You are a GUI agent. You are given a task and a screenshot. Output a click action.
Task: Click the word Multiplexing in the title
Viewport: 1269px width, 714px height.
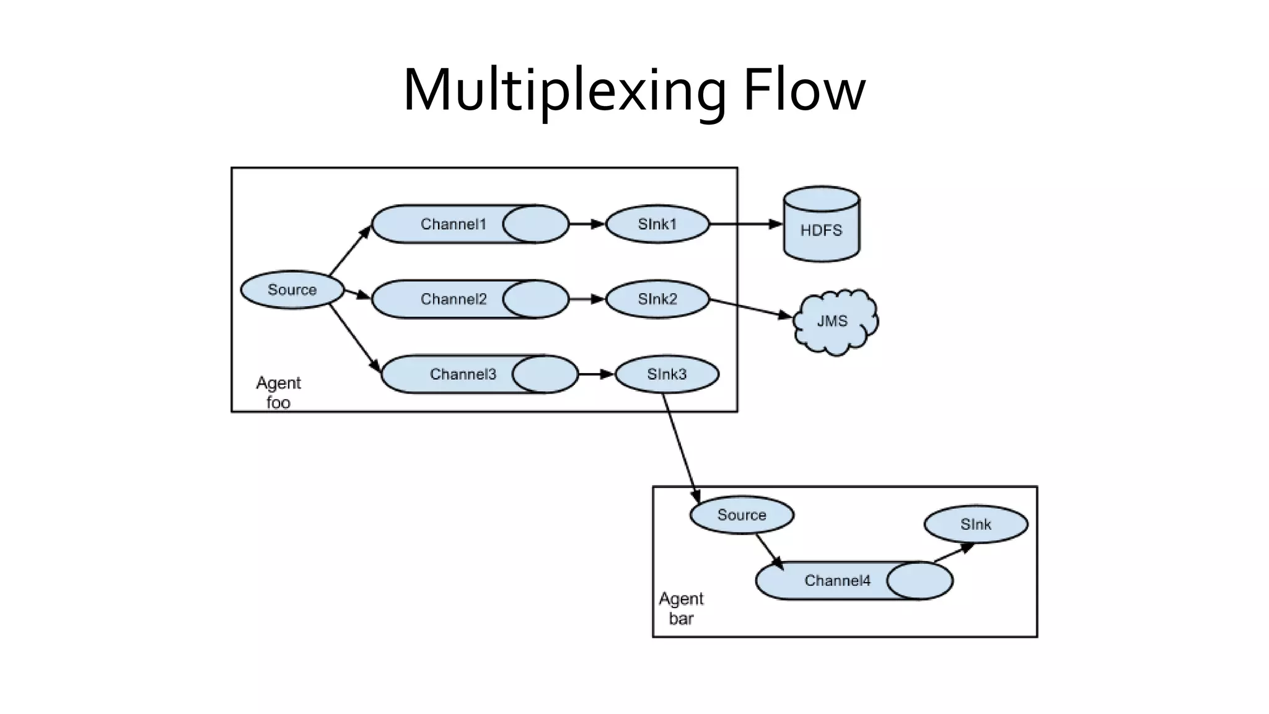564,90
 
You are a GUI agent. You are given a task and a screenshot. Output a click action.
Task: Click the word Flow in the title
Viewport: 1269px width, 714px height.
804,90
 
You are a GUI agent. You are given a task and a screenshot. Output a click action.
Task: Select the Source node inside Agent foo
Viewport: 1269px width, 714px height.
292,290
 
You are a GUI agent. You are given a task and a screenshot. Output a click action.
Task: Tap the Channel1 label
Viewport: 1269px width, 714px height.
453,224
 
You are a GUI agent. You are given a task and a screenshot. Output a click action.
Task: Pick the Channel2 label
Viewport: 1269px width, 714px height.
453,299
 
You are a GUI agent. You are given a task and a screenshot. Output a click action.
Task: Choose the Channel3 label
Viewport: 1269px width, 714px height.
463,374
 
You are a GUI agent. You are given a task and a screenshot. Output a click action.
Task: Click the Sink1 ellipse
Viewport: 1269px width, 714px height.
657,224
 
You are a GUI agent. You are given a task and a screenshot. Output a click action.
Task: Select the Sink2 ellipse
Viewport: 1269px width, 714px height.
657,299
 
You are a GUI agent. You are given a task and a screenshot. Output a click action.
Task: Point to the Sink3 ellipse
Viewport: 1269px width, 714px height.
667,374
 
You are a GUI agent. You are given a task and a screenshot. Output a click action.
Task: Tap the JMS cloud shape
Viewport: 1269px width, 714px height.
833,322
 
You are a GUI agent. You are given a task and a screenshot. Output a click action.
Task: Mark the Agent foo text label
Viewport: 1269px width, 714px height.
278,392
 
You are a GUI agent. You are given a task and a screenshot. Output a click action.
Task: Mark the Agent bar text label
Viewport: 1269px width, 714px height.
681,608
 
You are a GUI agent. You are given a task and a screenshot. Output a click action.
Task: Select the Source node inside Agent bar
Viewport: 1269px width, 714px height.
742,515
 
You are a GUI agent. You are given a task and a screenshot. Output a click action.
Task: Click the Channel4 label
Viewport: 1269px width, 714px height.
837,581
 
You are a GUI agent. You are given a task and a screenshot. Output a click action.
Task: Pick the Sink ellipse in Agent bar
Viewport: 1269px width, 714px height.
975,524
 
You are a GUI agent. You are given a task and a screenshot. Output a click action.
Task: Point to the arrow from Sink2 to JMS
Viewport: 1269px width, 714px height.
750,309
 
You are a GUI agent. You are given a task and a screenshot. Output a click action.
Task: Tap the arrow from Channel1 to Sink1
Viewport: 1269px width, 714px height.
586,224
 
